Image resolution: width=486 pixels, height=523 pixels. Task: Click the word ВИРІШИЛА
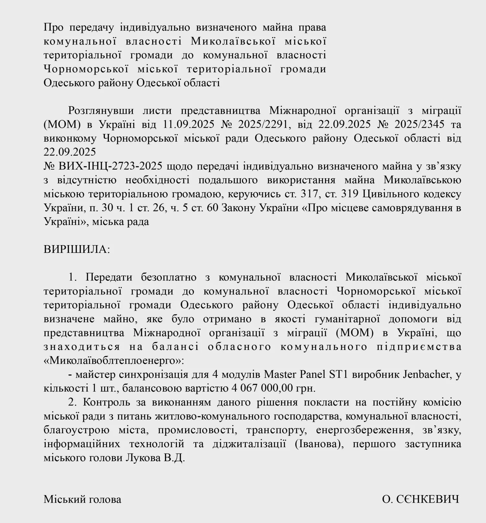tap(77, 249)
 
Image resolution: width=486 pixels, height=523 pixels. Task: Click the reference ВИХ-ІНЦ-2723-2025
tap(110, 166)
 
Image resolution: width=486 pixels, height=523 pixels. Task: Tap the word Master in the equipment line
tap(280, 374)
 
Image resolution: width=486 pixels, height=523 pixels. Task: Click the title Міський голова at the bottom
tap(82, 499)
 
